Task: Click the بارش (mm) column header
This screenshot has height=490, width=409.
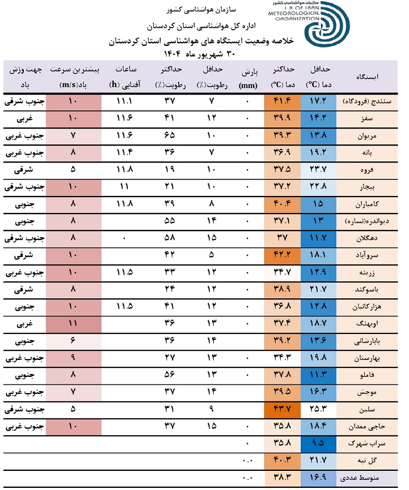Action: tap(247, 77)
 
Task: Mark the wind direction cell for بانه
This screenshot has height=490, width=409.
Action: tap(22, 153)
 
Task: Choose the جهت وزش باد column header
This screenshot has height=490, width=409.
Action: tap(23, 77)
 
